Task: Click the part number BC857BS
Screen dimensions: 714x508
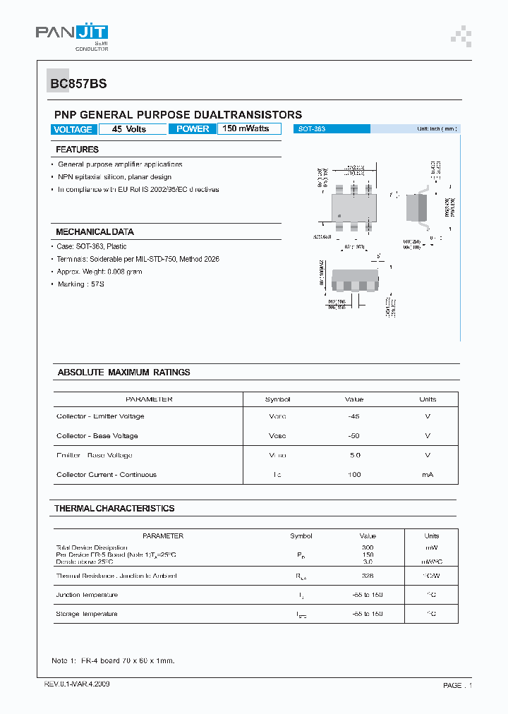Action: [78, 83]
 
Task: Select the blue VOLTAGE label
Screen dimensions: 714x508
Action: [73, 129]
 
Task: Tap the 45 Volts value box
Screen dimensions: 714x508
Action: [129, 129]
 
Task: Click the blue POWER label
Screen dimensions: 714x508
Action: [193, 129]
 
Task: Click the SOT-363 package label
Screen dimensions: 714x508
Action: [311, 129]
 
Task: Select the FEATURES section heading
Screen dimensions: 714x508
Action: [77, 150]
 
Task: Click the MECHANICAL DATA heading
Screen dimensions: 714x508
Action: [95, 232]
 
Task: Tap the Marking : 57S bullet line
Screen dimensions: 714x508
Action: [81, 284]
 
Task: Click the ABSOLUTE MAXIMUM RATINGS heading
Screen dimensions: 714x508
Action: [123, 372]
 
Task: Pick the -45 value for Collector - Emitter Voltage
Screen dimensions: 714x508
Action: [354, 416]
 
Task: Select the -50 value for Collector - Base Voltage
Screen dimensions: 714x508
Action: [354, 436]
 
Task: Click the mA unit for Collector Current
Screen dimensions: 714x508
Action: [428, 475]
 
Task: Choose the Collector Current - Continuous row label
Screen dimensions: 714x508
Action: [107, 475]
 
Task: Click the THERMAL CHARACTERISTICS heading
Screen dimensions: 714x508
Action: [114, 508]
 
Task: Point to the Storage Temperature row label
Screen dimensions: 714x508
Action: [87, 614]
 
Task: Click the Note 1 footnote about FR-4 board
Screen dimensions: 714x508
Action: [113, 661]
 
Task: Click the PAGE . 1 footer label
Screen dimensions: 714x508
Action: [457, 685]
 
